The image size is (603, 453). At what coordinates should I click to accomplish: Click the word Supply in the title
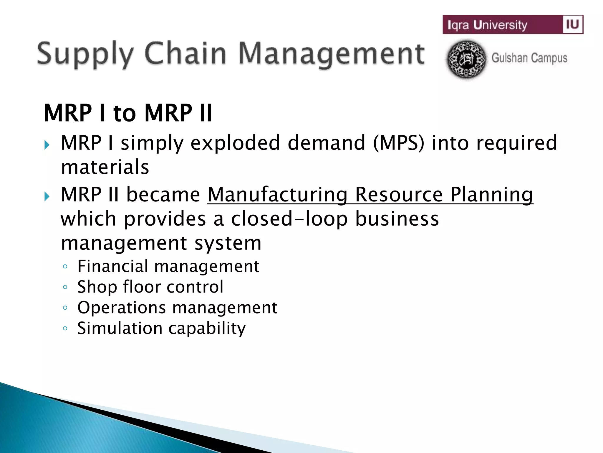click(x=85, y=55)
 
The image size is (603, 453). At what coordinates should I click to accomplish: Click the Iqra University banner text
click(x=487, y=25)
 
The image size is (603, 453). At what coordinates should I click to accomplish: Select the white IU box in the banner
click(x=572, y=24)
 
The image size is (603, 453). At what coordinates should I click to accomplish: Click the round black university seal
click(x=466, y=59)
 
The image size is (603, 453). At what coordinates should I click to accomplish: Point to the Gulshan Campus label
click(x=529, y=58)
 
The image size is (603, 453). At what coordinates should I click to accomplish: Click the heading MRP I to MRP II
click(x=128, y=113)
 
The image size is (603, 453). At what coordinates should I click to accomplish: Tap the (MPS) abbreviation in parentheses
click(x=399, y=143)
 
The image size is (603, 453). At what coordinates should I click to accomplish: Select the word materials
click(x=105, y=167)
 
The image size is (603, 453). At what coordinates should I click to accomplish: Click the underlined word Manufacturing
click(x=278, y=195)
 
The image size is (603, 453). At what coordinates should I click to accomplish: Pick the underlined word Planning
click(x=492, y=195)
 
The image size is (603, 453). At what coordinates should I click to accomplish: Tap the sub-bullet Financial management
click(x=168, y=266)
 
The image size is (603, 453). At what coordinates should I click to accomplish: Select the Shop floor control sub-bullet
click(x=150, y=287)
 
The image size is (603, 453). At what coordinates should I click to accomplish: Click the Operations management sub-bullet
click(x=177, y=307)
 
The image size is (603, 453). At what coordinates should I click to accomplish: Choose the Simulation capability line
click(x=161, y=328)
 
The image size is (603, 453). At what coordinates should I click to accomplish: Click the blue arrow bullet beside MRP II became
click(x=47, y=196)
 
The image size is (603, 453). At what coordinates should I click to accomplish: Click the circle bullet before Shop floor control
click(x=65, y=287)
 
